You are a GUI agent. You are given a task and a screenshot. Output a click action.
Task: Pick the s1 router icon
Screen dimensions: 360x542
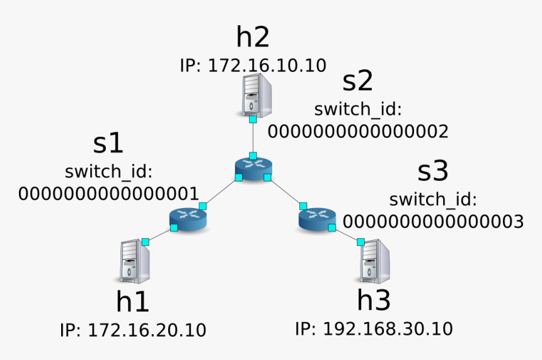click(x=188, y=218)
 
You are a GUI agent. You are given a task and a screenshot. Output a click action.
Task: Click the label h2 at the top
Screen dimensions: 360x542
click(x=253, y=37)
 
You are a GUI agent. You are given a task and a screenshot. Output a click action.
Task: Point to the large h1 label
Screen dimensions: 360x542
click(x=133, y=302)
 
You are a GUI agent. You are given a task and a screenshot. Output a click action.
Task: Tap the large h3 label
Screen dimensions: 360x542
click(x=374, y=301)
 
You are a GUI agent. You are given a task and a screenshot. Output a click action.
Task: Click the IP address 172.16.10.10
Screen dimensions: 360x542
click(x=253, y=65)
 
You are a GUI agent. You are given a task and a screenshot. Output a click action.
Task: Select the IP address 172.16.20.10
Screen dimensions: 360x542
click(x=133, y=330)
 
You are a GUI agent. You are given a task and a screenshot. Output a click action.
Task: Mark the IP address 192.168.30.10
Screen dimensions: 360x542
click(x=374, y=328)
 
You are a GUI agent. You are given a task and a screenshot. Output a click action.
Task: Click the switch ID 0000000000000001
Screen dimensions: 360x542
click(x=108, y=193)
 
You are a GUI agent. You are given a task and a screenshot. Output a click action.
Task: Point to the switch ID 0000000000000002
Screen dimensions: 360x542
click(x=358, y=131)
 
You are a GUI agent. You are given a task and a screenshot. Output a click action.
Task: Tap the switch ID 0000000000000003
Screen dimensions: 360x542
click(x=433, y=221)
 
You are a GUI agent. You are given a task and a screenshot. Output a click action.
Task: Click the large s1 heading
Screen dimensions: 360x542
click(x=108, y=144)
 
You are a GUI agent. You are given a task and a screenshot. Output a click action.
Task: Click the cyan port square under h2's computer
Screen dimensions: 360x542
click(x=252, y=119)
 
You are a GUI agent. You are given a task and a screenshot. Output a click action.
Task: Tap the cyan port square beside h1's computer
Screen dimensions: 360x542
click(x=146, y=241)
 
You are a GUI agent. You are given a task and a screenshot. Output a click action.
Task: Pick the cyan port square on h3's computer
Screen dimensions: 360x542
click(x=361, y=241)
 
